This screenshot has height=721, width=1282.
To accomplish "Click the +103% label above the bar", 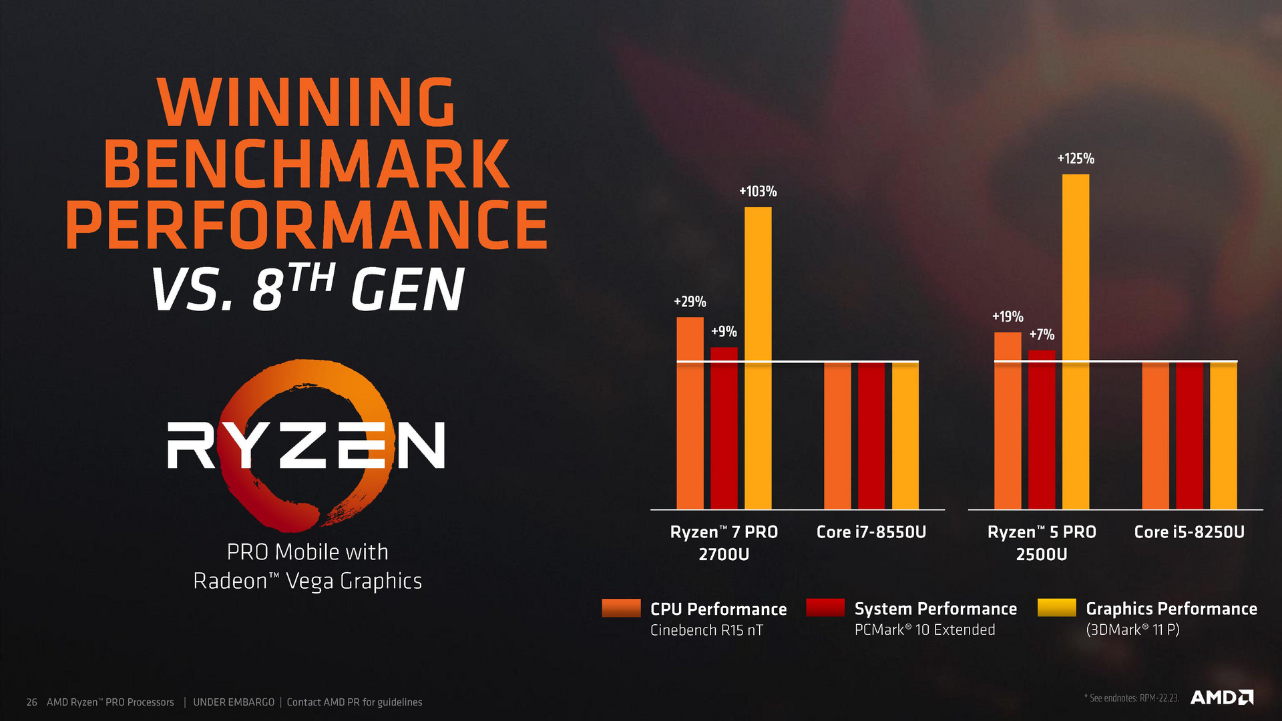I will coord(758,192).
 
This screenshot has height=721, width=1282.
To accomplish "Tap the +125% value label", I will coord(1076,159).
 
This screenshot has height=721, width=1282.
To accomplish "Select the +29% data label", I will coord(690,302).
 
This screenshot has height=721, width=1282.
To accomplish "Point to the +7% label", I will coord(1042,334).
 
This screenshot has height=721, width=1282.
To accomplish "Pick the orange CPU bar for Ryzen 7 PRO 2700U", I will coord(690,413).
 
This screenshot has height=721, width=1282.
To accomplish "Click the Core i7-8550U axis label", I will coord(871,532).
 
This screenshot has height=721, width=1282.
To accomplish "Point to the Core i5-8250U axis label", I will coord(1189,532).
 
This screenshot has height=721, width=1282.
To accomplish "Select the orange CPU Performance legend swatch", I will coord(621,608).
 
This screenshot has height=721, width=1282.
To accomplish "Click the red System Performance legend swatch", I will coord(825,608).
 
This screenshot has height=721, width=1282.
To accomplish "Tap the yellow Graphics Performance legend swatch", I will coord(1057,608).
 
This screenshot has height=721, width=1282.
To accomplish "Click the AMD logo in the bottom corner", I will coord(1222,698).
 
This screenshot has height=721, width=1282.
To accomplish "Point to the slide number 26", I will coord(31,702).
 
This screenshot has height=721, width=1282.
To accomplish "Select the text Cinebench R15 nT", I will coord(706,630).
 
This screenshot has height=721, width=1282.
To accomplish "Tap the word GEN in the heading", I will coord(407,290).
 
